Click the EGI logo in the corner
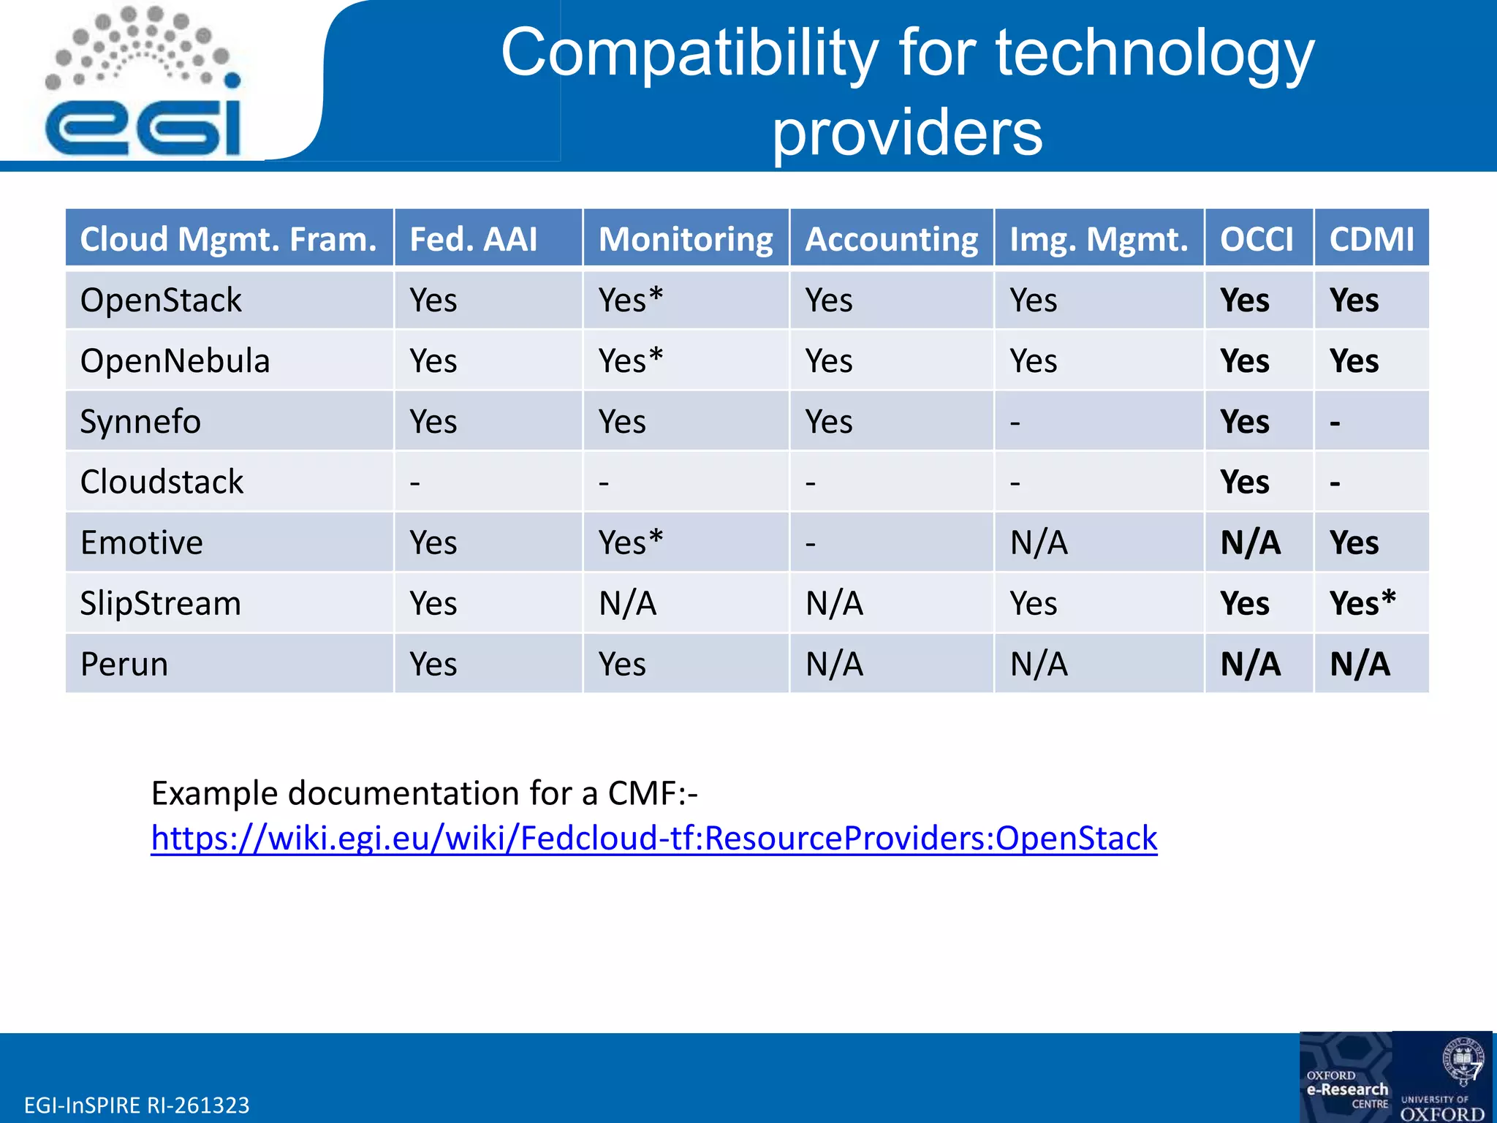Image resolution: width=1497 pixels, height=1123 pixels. click(143, 84)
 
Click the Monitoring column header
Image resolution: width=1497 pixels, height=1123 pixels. click(685, 239)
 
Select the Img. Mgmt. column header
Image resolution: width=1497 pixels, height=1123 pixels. click(1098, 239)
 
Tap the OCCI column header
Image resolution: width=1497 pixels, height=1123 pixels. click(1257, 239)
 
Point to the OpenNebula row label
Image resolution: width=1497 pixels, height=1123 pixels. click(175, 361)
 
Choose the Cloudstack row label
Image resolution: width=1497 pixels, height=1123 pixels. click(162, 482)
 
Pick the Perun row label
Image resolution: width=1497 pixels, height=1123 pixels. click(124, 664)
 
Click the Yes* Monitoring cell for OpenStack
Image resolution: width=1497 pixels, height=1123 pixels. click(630, 300)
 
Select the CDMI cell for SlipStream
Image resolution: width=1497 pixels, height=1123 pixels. click(1363, 603)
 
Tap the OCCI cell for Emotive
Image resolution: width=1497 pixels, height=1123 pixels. click(1250, 542)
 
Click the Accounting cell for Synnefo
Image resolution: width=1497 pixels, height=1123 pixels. click(828, 422)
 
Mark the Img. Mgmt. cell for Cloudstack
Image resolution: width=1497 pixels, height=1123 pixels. click(1015, 483)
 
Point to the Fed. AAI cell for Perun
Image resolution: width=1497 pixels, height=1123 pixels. click(433, 664)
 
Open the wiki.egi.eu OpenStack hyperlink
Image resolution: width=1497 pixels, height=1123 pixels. click(653, 839)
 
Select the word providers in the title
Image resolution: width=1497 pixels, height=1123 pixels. click(907, 132)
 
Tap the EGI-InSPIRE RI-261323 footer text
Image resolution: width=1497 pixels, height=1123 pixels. click(137, 1105)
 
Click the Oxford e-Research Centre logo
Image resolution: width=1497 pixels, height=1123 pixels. click(1346, 1078)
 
